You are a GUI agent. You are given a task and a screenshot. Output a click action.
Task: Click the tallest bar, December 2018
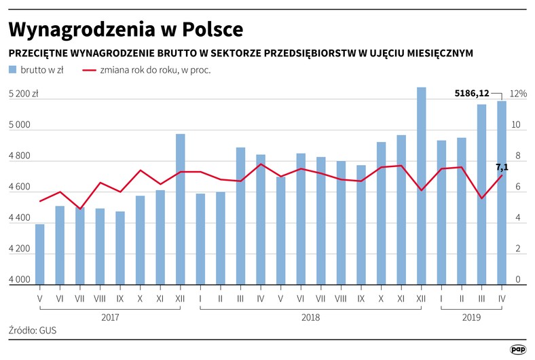point(421,186)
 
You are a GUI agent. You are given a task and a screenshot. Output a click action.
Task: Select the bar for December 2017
point(180,209)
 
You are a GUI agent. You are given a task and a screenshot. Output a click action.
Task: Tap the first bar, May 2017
point(39,254)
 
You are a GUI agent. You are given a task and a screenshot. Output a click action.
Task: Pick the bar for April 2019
point(502,193)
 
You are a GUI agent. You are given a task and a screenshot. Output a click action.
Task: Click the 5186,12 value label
point(472,93)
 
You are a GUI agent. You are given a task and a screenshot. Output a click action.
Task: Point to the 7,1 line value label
point(502,167)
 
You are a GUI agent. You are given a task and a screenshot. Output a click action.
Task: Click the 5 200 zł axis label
point(23,94)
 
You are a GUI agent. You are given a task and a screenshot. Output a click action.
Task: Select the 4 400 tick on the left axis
point(20,217)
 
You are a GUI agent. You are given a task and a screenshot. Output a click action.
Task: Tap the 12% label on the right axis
point(518,94)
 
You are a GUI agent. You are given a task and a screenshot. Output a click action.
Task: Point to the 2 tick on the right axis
point(518,249)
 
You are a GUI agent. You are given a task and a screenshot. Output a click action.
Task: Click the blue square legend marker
point(12,69)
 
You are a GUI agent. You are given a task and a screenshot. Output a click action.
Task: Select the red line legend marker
point(89,70)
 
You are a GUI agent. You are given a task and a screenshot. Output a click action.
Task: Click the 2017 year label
point(110,317)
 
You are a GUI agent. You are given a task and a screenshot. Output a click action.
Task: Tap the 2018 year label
point(310,317)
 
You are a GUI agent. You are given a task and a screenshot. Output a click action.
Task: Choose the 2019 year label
point(471,317)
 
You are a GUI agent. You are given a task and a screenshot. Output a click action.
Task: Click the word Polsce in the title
point(213,29)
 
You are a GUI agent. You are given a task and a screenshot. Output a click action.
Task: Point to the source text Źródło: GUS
point(33,330)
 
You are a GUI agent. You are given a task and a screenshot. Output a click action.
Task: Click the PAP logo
point(518,349)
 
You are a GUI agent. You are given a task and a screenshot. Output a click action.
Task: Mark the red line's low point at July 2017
point(80,209)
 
